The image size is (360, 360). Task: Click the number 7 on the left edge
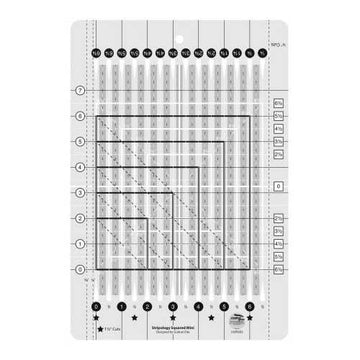pos(81,91)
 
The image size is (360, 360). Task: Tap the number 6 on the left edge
pos(81,116)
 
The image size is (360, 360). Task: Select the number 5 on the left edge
pos(81,141)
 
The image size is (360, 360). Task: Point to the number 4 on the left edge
pos(81,167)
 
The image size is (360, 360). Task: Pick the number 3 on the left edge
pos(81,193)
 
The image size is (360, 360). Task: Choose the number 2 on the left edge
pos(81,218)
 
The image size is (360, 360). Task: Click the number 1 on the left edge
pos(81,243)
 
